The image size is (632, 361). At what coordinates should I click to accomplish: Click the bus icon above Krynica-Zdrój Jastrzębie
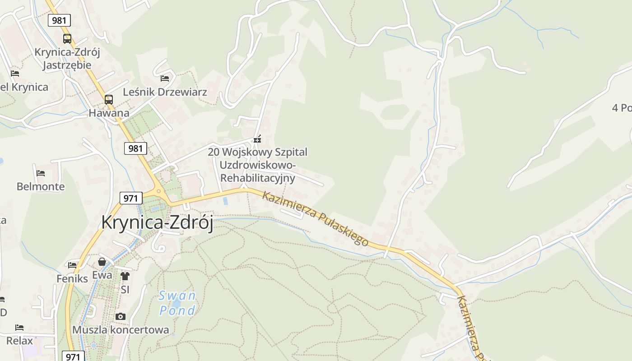[x=67, y=39]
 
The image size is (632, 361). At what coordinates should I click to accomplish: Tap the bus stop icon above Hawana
[x=109, y=99]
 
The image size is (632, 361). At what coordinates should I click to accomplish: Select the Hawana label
[x=109, y=113]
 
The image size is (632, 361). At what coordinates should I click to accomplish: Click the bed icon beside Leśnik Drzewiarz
[x=165, y=79]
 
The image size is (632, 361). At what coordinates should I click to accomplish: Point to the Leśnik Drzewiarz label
[x=165, y=92]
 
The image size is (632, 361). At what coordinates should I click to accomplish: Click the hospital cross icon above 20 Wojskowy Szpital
[x=257, y=139]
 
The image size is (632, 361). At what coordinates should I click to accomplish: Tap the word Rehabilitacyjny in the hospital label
[x=258, y=178]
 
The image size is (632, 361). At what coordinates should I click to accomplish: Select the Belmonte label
[x=41, y=186]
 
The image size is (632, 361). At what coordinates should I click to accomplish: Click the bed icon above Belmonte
[x=41, y=173]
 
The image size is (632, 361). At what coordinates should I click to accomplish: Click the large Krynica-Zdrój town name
[x=157, y=222]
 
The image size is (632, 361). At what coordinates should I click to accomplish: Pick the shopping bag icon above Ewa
[x=102, y=262]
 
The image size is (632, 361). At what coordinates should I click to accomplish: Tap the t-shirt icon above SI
[x=125, y=276]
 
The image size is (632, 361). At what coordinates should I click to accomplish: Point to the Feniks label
[x=72, y=278]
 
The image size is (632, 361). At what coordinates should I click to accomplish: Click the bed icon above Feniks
[x=72, y=265]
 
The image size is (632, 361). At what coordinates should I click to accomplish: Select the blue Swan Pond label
[x=178, y=303]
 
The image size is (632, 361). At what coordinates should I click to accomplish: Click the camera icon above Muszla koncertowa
[x=121, y=316]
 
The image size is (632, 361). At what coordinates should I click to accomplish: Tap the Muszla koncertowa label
[x=121, y=330]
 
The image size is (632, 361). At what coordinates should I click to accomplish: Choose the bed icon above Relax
[x=19, y=327]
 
